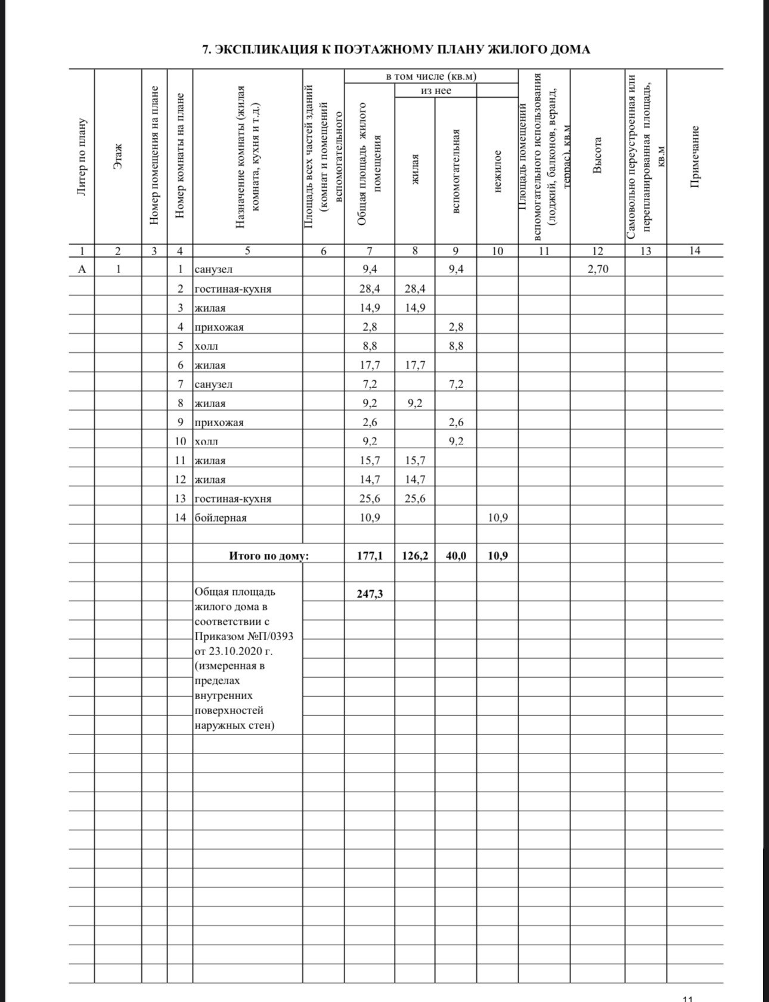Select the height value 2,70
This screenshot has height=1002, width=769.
598,269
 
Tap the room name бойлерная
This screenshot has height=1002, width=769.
221,517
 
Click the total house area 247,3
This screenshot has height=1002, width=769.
370,594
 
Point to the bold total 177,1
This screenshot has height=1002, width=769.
370,556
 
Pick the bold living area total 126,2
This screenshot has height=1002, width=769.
415,556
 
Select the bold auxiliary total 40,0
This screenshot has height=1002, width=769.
456,556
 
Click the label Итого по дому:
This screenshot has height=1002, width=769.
269,556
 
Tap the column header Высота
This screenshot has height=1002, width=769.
598,156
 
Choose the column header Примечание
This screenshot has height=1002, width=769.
694,156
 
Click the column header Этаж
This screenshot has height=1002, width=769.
118,156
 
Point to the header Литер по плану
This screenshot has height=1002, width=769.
82,156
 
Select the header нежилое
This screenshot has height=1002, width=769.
498,171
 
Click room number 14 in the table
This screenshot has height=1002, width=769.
180,517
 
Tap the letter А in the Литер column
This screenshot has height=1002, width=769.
82,269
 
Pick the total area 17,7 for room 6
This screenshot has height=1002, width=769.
370,365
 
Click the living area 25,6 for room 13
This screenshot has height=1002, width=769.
415,498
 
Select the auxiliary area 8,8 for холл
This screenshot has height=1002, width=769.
456,346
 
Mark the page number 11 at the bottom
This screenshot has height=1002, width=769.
687,997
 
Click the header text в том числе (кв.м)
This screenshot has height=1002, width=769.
431,76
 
